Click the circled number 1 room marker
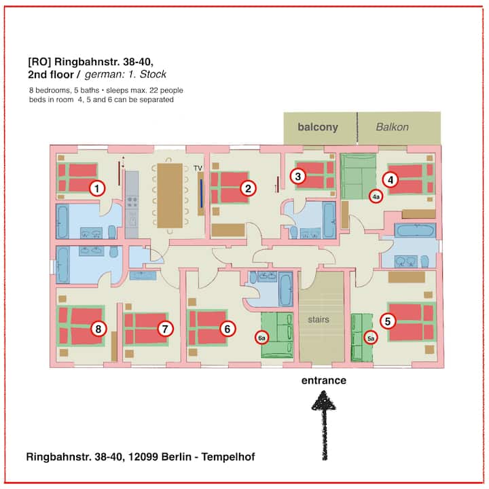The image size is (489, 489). coord(97,188)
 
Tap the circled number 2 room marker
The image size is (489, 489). coord(249,188)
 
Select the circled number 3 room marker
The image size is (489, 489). coord(298,176)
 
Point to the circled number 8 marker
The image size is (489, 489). coord(98,329)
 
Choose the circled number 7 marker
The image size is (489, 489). coord(165,329)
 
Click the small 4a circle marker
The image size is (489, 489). coord(376,196)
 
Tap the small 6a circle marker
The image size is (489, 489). coord(261,338)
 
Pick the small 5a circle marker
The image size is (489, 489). coord(371,338)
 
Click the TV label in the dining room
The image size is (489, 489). coord(198,168)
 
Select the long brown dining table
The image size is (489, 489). coord(170,196)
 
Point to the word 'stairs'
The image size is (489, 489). coord(319,319)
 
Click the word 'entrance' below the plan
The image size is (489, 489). coord(324,380)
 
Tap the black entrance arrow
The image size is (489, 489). coord(325,426)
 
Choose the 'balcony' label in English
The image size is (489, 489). coord(318,127)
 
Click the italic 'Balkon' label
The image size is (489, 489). coord(392,127)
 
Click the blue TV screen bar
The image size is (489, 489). coord(202,194)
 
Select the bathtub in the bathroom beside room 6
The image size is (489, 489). coord(286,289)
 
